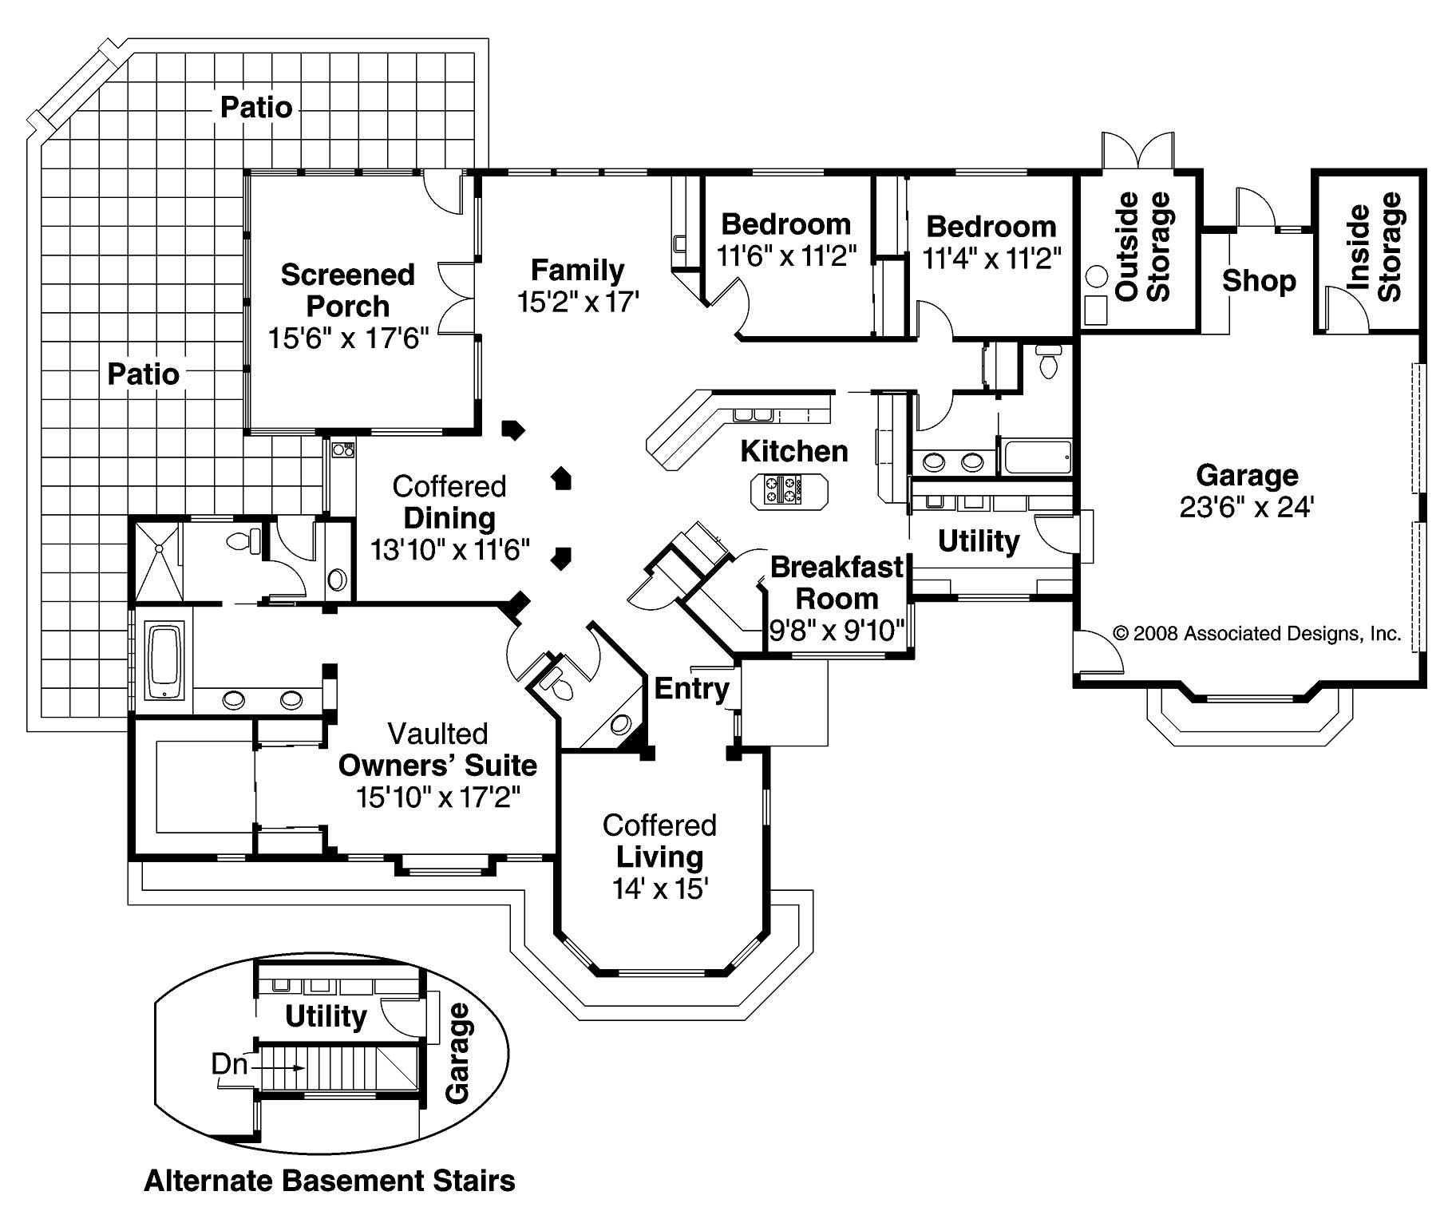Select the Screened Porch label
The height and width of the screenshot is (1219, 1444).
point(348,291)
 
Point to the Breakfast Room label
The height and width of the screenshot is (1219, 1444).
point(837,583)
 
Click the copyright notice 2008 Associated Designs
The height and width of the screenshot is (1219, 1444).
point(1257,634)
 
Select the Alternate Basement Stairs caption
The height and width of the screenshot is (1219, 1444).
point(329,1180)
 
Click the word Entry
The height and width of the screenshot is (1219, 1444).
point(691,688)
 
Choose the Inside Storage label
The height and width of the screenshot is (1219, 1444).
point(1375,247)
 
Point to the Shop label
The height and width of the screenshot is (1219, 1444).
point(1258,281)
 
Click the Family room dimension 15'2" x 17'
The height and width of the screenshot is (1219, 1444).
point(578,303)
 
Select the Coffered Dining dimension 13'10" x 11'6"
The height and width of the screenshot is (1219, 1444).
point(449,550)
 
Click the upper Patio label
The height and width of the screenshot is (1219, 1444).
point(255,107)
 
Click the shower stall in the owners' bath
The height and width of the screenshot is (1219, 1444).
point(159,560)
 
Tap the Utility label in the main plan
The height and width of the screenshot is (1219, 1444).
point(978,541)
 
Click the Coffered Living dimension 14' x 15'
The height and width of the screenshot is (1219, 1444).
point(660,889)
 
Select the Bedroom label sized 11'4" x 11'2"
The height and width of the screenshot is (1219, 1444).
point(991,227)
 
